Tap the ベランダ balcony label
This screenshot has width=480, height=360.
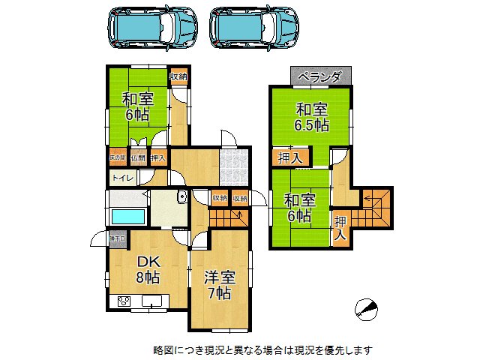point(320,76)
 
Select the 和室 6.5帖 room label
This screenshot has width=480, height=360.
point(310,117)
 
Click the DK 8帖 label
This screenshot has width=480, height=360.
point(147,268)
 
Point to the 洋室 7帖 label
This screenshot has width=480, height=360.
point(220,284)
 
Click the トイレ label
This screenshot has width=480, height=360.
point(121,178)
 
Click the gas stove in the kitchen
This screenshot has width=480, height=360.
point(122,302)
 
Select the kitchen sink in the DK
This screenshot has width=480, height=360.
point(153,302)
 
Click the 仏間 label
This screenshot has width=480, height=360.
point(138,157)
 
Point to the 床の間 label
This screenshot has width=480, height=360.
point(116,157)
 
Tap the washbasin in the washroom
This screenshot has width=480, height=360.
point(181,198)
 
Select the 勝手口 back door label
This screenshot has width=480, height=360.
point(117,238)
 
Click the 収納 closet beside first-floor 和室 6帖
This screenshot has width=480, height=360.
point(178,76)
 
